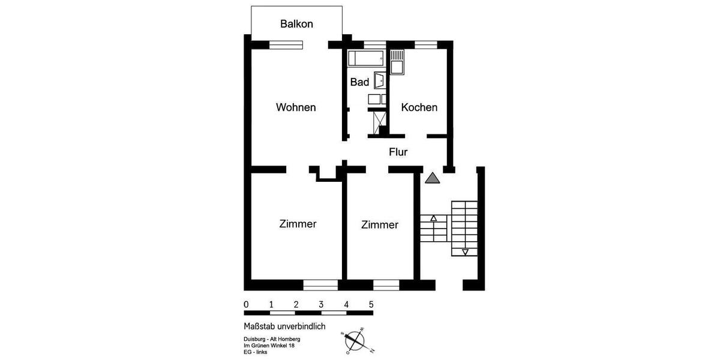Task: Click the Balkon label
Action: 296,24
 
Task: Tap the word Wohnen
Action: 296,107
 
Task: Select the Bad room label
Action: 359,82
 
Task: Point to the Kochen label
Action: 419,107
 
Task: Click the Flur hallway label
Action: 398,152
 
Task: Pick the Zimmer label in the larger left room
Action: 298,224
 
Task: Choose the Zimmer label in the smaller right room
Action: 380,225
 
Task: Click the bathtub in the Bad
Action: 366,58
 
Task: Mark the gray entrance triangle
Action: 433,178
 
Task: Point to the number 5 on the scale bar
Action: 371,304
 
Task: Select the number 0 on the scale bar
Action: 247,304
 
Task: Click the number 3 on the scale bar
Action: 322,304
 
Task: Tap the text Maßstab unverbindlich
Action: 284,326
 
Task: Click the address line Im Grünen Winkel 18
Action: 268,345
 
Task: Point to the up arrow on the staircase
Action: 434,218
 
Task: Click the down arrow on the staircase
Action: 465,251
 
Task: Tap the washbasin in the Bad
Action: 380,80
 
